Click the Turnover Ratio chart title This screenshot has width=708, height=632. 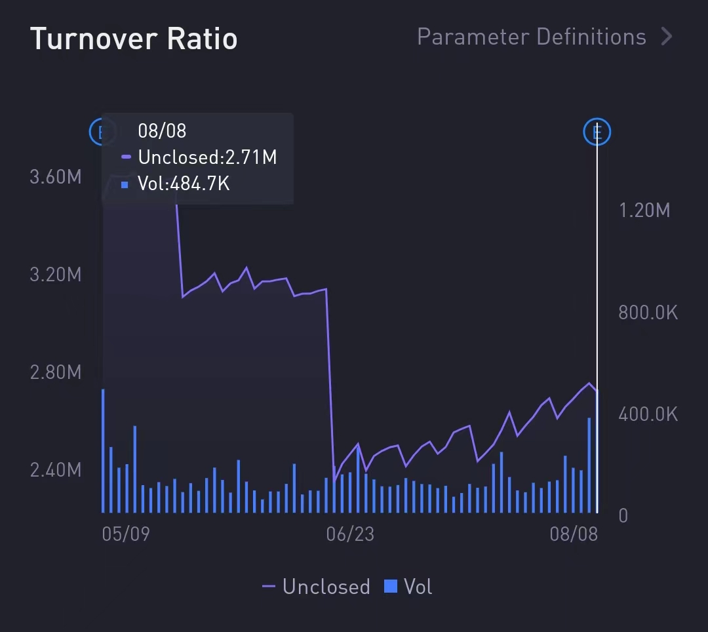pyautogui.click(x=134, y=39)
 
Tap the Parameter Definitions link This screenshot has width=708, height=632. pyautogui.click(x=531, y=37)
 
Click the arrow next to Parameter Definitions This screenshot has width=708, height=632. pyautogui.click(x=667, y=37)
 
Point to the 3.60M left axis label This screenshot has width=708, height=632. pyautogui.click(x=56, y=177)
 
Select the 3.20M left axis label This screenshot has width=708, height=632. pyautogui.click(x=56, y=274)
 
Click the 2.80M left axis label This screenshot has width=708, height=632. pyautogui.click(x=56, y=372)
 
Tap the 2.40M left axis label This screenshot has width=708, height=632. pyautogui.click(x=56, y=470)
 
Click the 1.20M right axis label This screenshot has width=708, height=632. pyautogui.click(x=644, y=210)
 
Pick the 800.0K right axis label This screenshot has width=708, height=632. pyautogui.click(x=648, y=313)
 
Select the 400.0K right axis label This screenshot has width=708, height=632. pyautogui.click(x=648, y=414)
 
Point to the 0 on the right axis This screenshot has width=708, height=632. pyautogui.click(x=623, y=516)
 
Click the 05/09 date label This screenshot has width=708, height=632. pyautogui.click(x=126, y=534)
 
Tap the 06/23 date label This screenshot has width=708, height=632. pyautogui.click(x=350, y=534)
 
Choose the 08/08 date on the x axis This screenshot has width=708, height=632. pyautogui.click(x=574, y=534)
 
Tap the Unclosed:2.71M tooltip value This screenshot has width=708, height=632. pyautogui.click(x=207, y=157)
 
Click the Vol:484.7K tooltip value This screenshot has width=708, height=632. pyautogui.click(x=184, y=184)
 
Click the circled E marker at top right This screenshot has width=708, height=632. pyautogui.click(x=597, y=132)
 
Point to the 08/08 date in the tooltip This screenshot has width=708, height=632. pyautogui.click(x=162, y=130)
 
